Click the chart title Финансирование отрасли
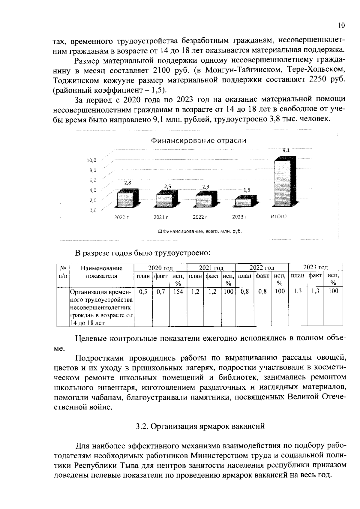pyautogui.click(x=198, y=140)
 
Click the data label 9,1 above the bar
pyautogui.click(x=286, y=151)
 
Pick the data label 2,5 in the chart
pyautogui.click(x=168, y=186)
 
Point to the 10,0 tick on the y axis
pyautogui.click(x=91, y=160)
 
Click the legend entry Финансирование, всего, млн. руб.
pyautogui.click(x=200, y=232)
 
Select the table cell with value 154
pyautogui.click(x=178, y=291)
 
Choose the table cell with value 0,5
pyautogui.click(x=143, y=291)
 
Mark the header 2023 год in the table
pyautogui.click(x=315, y=267)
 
